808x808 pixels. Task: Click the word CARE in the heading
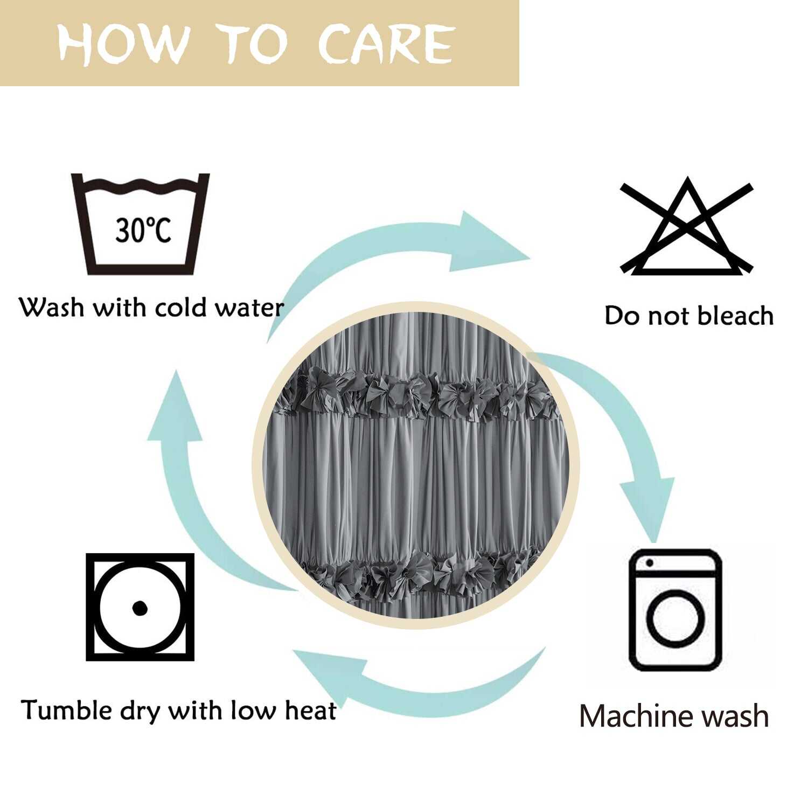pyautogui.click(x=386, y=43)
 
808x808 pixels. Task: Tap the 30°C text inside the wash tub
pyautogui.click(x=143, y=230)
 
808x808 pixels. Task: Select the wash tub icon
pyautogui.click(x=140, y=224)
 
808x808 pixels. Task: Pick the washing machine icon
pyautogui.click(x=675, y=610)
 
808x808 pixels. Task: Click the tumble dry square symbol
pyautogui.click(x=140, y=607)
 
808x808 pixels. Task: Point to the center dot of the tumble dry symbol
pyautogui.click(x=140, y=608)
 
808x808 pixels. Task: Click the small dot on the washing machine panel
pyautogui.click(x=650, y=563)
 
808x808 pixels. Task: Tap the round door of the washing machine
pyautogui.click(x=675, y=618)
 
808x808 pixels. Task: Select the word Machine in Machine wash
pyautogui.click(x=633, y=716)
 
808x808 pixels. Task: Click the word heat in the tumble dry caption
pyautogui.click(x=310, y=710)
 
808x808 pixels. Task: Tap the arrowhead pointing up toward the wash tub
pyautogui.click(x=175, y=407)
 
